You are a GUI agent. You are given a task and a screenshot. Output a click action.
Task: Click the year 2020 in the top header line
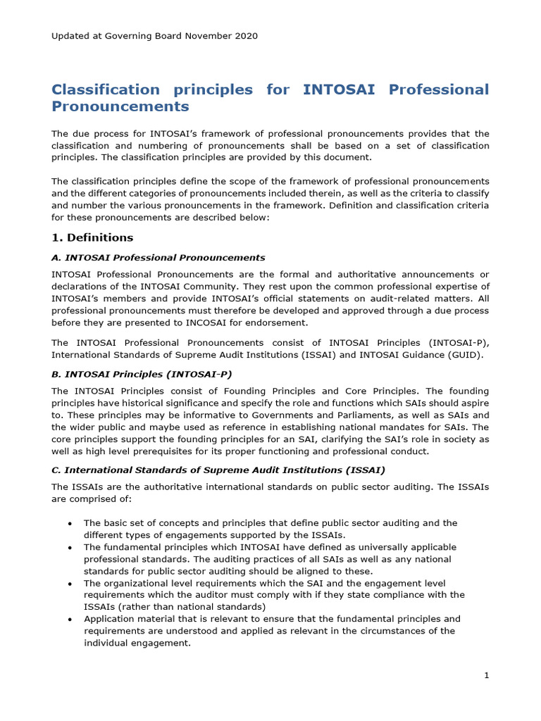click(x=246, y=36)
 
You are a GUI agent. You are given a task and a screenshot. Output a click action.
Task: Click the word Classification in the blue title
click(x=106, y=90)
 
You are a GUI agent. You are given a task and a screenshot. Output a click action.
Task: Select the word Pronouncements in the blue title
click(x=120, y=107)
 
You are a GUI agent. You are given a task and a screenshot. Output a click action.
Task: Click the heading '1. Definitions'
click(x=92, y=237)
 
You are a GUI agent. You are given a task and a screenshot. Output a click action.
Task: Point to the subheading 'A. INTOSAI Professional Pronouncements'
click(x=158, y=258)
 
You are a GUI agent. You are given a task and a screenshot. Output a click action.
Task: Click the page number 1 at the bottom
click(x=486, y=676)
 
